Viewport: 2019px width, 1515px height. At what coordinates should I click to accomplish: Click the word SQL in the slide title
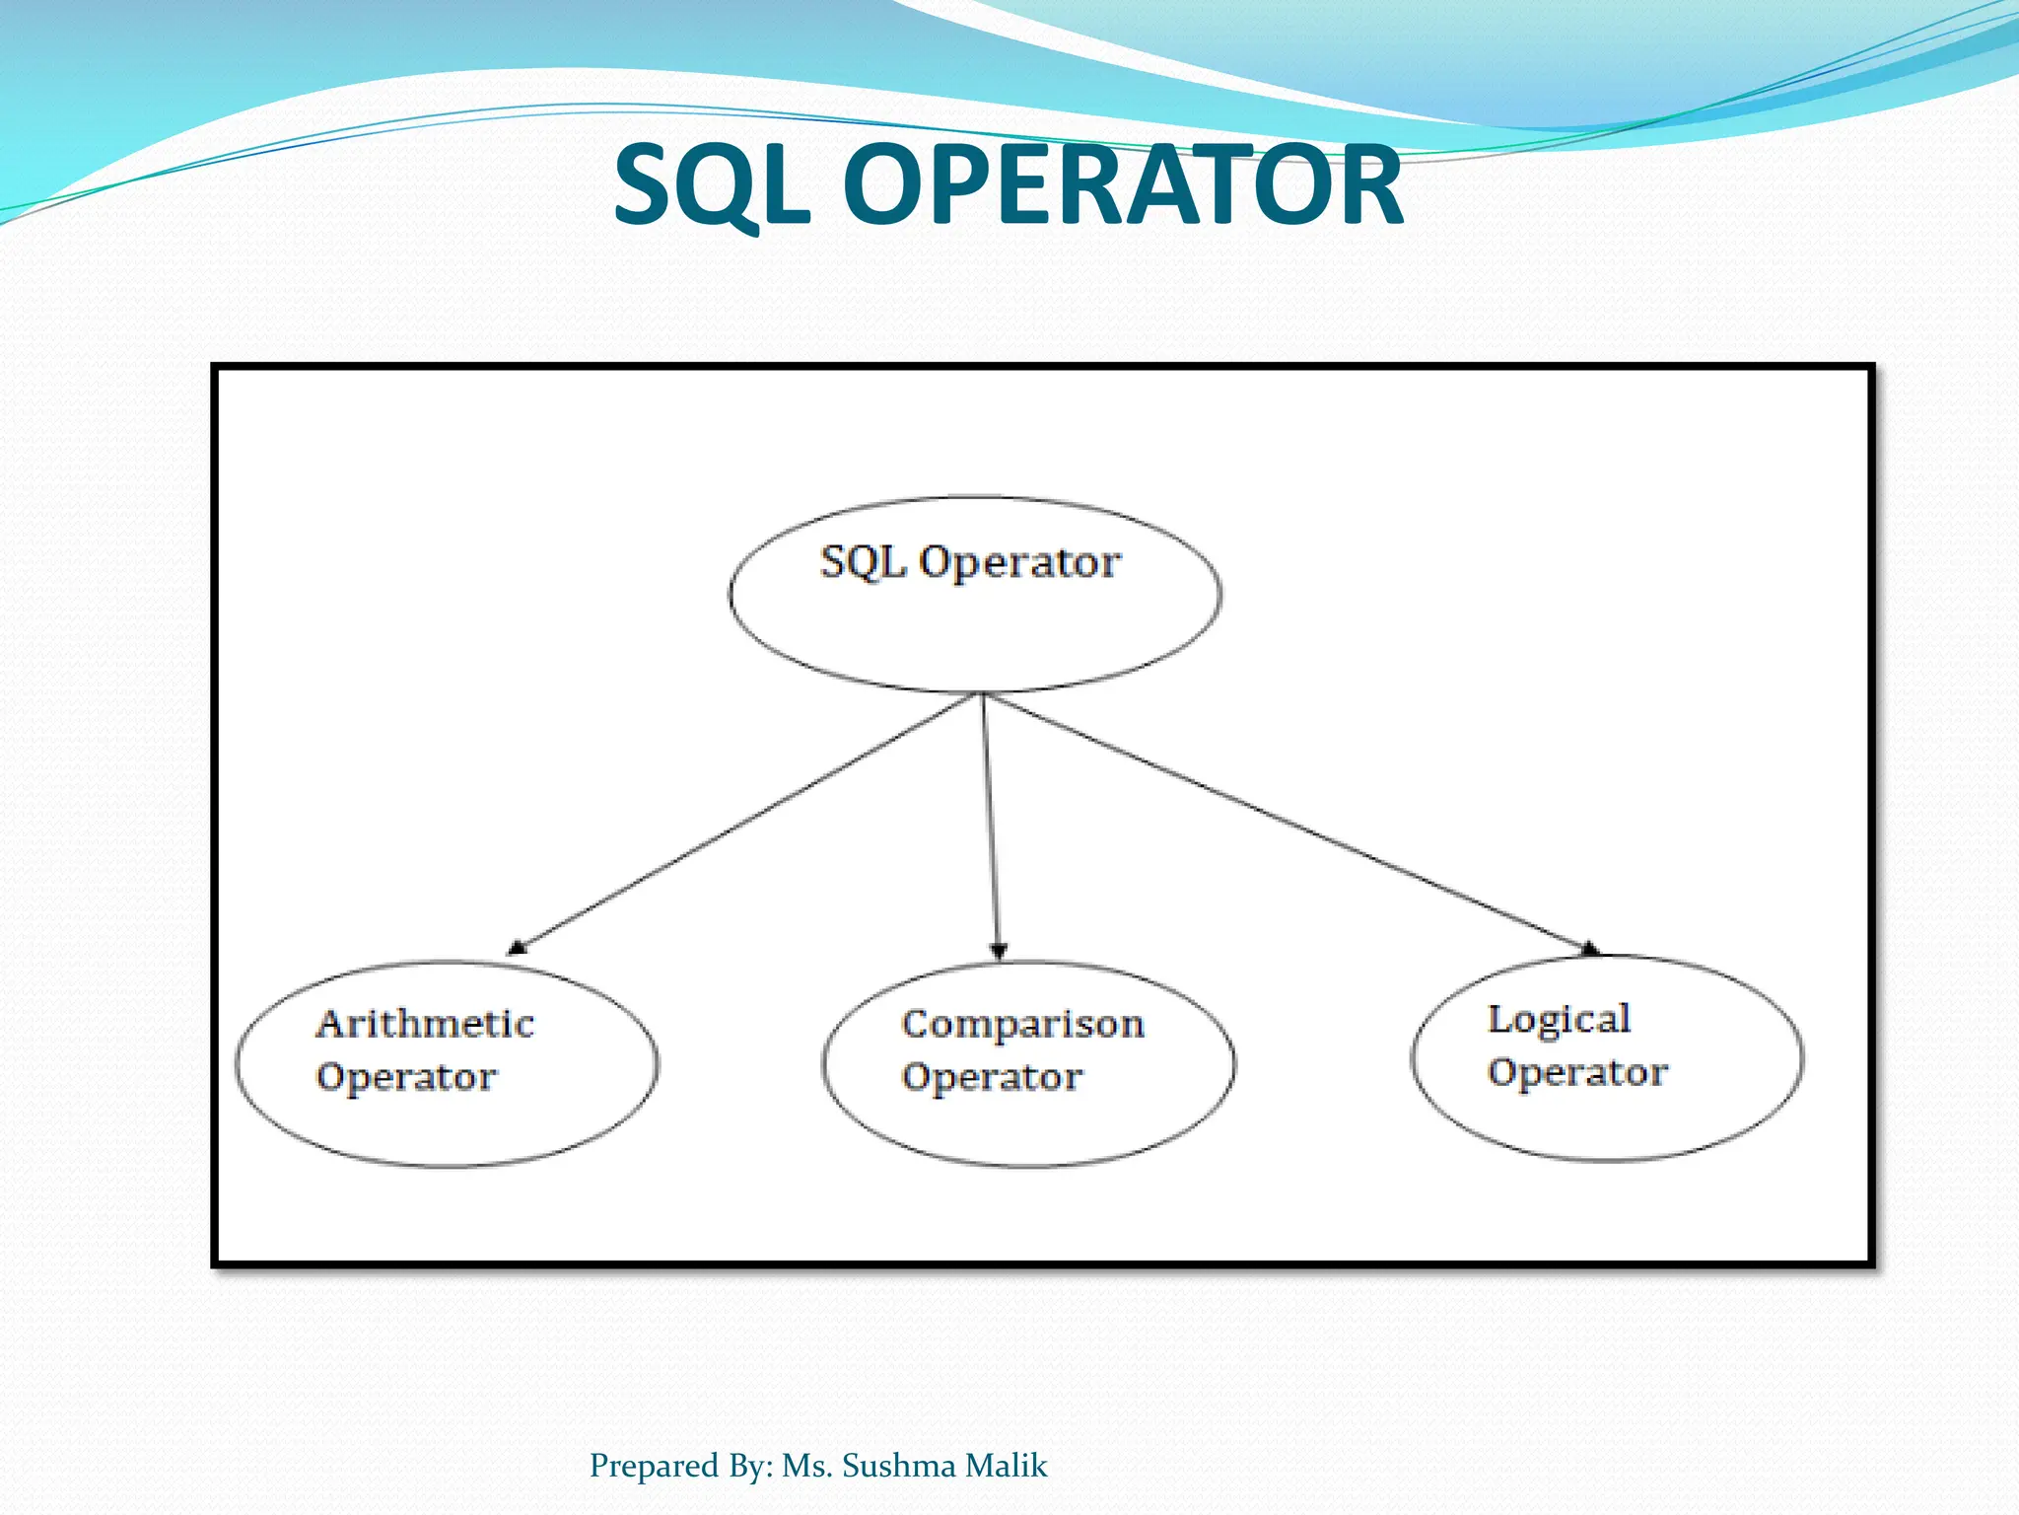point(712,185)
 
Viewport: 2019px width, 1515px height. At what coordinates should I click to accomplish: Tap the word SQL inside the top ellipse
point(863,562)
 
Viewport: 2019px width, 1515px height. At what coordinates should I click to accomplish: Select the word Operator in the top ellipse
point(1019,563)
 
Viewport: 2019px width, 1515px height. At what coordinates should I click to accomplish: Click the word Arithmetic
point(425,1024)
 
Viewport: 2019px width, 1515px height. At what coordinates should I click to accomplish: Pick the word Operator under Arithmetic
point(406,1077)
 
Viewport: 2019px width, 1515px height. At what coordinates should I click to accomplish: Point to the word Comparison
point(1022,1025)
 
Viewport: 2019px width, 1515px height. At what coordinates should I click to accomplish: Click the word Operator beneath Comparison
point(992,1077)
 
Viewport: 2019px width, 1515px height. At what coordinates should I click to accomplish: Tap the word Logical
point(1559,1020)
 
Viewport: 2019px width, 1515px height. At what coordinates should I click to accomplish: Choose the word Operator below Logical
point(1577,1072)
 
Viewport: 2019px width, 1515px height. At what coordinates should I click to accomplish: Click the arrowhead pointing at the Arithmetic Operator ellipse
point(517,948)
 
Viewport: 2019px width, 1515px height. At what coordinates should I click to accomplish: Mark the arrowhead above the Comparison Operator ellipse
point(998,951)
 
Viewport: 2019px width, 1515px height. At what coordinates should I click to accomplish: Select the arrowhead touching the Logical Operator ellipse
point(1589,949)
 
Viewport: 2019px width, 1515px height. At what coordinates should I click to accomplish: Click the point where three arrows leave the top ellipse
point(982,693)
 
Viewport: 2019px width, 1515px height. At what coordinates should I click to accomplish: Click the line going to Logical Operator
point(1282,821)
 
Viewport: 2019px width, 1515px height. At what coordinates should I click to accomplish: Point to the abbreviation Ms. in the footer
point(807,1466)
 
